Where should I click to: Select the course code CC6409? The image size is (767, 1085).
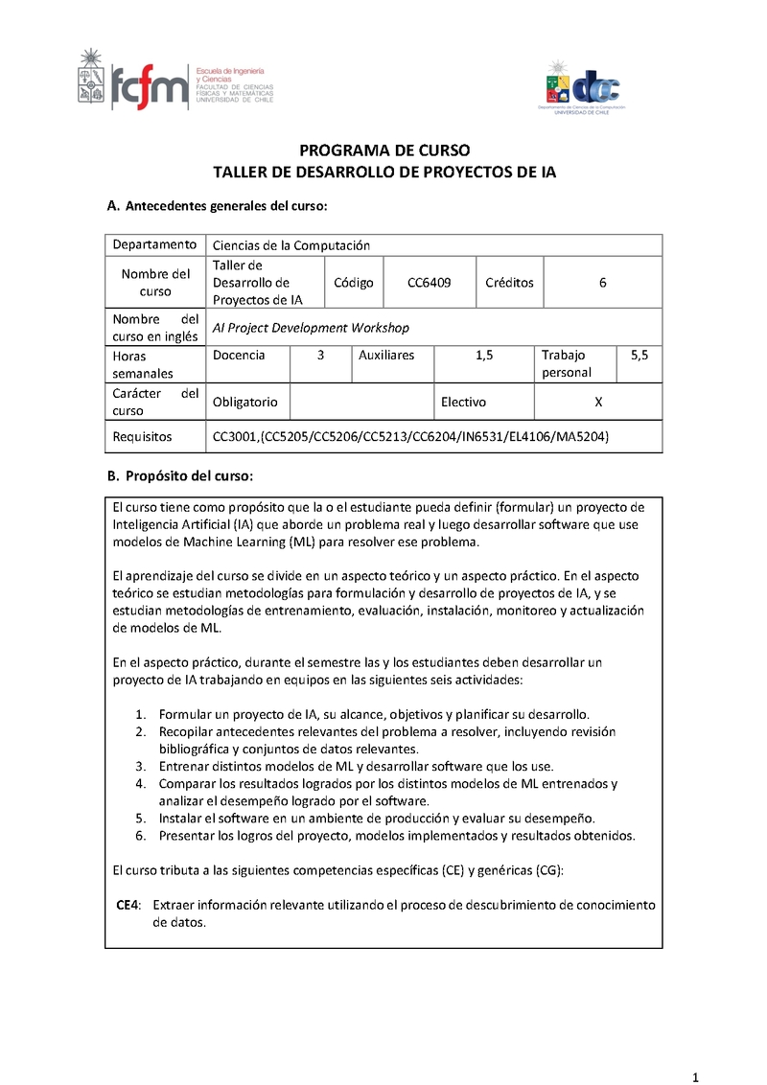point(429,283)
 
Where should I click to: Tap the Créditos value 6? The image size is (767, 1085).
point(602,283)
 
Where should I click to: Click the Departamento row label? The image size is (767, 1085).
point(155,245)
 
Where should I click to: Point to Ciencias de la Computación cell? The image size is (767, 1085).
point(291,245)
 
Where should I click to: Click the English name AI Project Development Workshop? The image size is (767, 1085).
point(311,328)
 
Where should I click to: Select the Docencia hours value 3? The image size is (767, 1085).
point(320,355)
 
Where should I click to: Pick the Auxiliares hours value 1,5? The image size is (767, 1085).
point(484,355)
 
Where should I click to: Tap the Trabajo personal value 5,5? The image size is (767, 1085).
point(639,355)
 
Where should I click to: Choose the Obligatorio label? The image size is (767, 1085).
point(244,403)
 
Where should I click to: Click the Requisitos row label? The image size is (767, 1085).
point(142,437)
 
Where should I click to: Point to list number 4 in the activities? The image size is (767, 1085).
point(139,783)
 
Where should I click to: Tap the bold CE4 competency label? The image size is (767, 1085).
point(128,905)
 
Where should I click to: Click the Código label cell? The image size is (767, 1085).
point(353,283)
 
